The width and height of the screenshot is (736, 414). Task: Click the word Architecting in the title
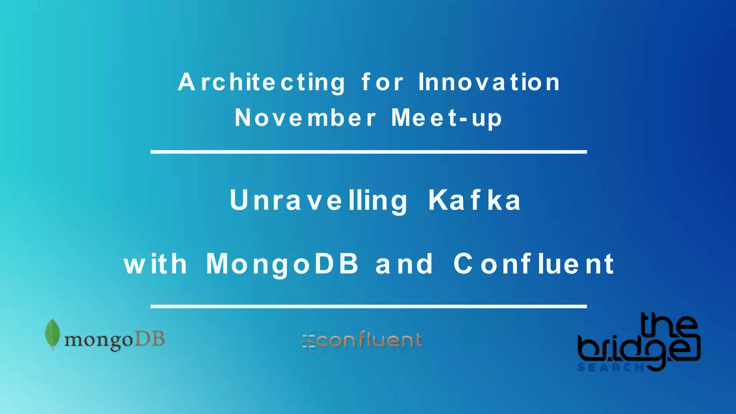pos(262,83)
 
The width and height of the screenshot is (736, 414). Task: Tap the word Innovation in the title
pos(489,83)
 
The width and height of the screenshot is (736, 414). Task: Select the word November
pos(305,118)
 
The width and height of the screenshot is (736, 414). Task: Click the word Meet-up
pos(446,118)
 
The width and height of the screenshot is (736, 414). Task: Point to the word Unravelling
pos(319,201)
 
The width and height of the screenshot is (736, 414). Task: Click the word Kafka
pos(474,201)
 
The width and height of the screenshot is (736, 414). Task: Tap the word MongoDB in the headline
pos(282,264)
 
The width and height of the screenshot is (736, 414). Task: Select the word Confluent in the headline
pos(534,264)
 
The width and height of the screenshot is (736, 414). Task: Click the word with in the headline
pos(156,264)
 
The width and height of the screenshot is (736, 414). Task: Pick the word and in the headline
pos(404,264)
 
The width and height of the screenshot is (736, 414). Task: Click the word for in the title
pos(382,83)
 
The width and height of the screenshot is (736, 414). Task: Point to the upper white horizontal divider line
pos(368,152)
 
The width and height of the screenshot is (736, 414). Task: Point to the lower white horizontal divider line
pos(368,307)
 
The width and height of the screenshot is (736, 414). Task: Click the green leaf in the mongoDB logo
pos(52,333)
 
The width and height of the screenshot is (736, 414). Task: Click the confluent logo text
pos(369,340)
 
